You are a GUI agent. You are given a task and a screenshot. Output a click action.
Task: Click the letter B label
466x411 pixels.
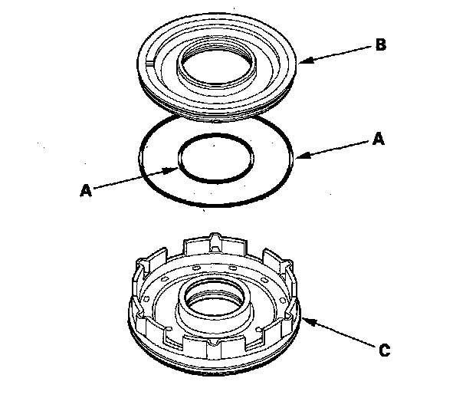[381, 44]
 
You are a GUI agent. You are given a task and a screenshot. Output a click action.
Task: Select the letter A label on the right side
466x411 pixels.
[379, 139]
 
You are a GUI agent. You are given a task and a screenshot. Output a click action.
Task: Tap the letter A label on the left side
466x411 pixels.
[86, 190]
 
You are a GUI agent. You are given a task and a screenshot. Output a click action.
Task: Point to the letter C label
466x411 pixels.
[385, 350]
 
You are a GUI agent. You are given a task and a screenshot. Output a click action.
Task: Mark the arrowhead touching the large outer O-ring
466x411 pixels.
[303, 155]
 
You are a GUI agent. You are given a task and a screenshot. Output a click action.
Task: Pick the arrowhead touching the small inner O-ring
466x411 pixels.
[171, 171]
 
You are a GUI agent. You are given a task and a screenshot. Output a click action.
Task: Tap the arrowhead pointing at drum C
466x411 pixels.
[308, 321]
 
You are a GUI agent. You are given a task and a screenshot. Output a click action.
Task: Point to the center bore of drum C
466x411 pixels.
[215, 298]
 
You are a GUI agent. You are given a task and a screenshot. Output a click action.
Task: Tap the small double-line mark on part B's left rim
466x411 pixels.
[150, 63]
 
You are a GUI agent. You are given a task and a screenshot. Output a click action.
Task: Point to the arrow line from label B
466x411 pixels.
[335, 54]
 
